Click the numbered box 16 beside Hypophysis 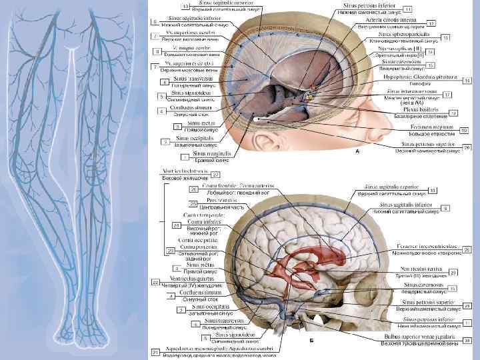[x=467, y=80]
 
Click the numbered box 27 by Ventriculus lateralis [x=217, y=175]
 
